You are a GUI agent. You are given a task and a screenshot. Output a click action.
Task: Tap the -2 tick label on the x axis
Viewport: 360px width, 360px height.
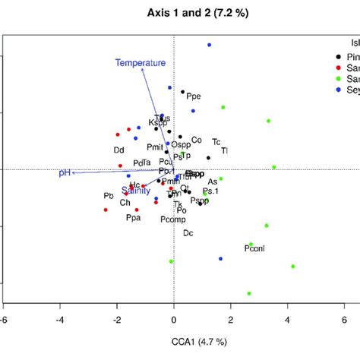(117, 319)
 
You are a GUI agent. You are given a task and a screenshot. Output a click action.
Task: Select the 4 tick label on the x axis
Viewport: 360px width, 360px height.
(288, 319)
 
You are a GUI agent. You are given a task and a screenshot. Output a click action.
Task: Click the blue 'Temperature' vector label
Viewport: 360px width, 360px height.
(141, 63)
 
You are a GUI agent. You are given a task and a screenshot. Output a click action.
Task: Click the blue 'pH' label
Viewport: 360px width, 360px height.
(65, 173)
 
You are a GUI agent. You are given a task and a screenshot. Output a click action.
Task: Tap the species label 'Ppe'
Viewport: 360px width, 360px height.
(194, 96)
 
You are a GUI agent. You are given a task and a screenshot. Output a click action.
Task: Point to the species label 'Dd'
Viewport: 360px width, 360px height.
(118, 150)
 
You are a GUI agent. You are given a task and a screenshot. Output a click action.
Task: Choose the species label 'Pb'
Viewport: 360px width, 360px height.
(108, 196)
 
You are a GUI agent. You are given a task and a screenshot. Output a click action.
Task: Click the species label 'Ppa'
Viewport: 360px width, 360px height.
(134, 218)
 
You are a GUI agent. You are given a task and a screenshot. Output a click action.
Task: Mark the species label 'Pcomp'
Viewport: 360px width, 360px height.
(172, 219)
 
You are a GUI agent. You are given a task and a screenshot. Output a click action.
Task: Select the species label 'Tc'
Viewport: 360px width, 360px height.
(216, 142)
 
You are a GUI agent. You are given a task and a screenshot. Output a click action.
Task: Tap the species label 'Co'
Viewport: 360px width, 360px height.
(196, 140)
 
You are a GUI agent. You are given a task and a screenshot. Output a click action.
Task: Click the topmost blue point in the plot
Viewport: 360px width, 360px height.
(210, 46)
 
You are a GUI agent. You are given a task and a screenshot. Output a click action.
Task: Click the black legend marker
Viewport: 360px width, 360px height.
(337, 56)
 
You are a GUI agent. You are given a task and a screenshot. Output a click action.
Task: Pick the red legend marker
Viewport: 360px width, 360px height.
(337, 68)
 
